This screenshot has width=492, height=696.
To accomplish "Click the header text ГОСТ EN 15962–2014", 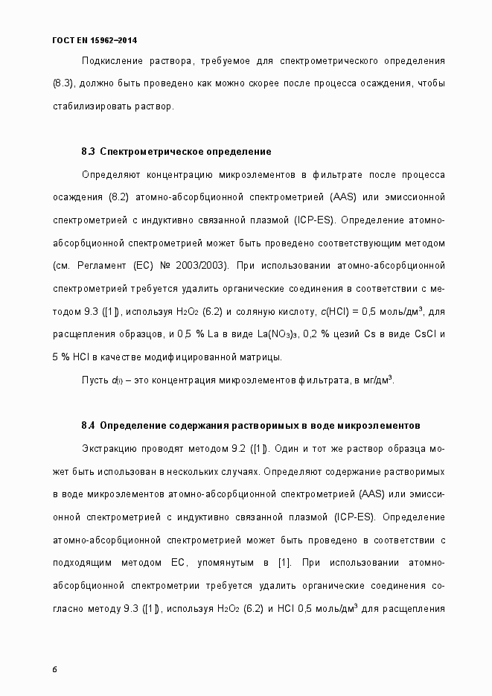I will click(95, 39).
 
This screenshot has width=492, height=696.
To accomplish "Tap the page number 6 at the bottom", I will click(55, 668).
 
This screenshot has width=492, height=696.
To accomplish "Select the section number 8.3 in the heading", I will click(88, 152).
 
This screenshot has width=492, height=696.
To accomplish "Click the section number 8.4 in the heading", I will click(88, 425).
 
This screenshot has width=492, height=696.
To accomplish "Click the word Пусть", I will click(95, 380).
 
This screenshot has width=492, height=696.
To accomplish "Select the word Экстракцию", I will click(107, 448).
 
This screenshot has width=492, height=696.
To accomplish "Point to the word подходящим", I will click(83, 563).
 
